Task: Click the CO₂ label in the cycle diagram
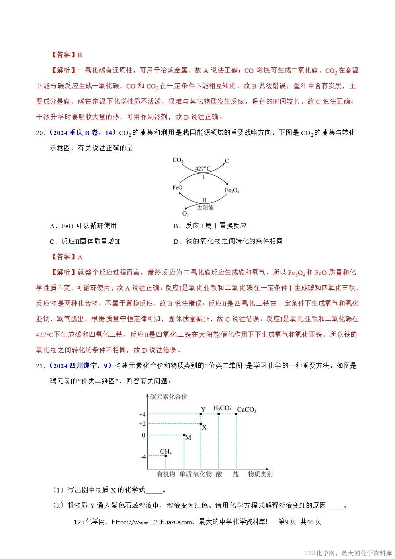click(178, 161)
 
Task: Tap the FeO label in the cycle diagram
click(177, 187)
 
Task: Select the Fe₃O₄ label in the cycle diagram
click(232, 191)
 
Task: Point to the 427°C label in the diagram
click(203, 169)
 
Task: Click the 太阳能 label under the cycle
click(205, 208)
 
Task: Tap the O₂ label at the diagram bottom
click(185, 214)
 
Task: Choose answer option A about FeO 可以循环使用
click(83, 226)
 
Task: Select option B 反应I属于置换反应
click(210, 226)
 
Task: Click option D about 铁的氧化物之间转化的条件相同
click(228, 241)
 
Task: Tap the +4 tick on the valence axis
click(143, 414)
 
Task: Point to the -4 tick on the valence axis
click(143, 457)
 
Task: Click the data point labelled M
click(184, 435)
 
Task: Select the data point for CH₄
click(166, 456)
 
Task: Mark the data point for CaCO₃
click(236, 414)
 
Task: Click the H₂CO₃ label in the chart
click(222, 408)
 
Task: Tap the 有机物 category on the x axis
click(166, 474)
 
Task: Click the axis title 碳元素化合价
click(169, 396)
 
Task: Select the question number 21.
click(40, 366)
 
